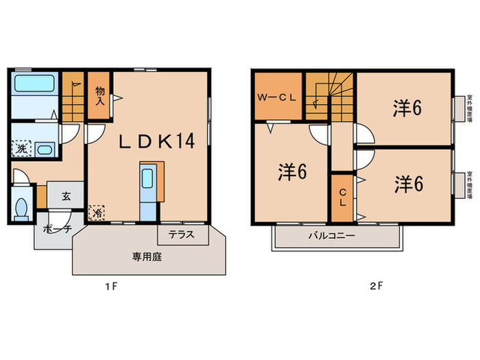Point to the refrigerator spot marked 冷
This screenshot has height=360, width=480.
(x=97, y=213)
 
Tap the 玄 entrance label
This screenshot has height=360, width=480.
(x=66, y=196)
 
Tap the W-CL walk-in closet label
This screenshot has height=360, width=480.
(x=276, y=97)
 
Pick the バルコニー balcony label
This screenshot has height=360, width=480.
(x=331, y=235)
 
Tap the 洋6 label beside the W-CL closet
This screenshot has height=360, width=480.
(x=291, y=173)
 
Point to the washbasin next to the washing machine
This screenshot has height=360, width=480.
(x=45, y=150)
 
